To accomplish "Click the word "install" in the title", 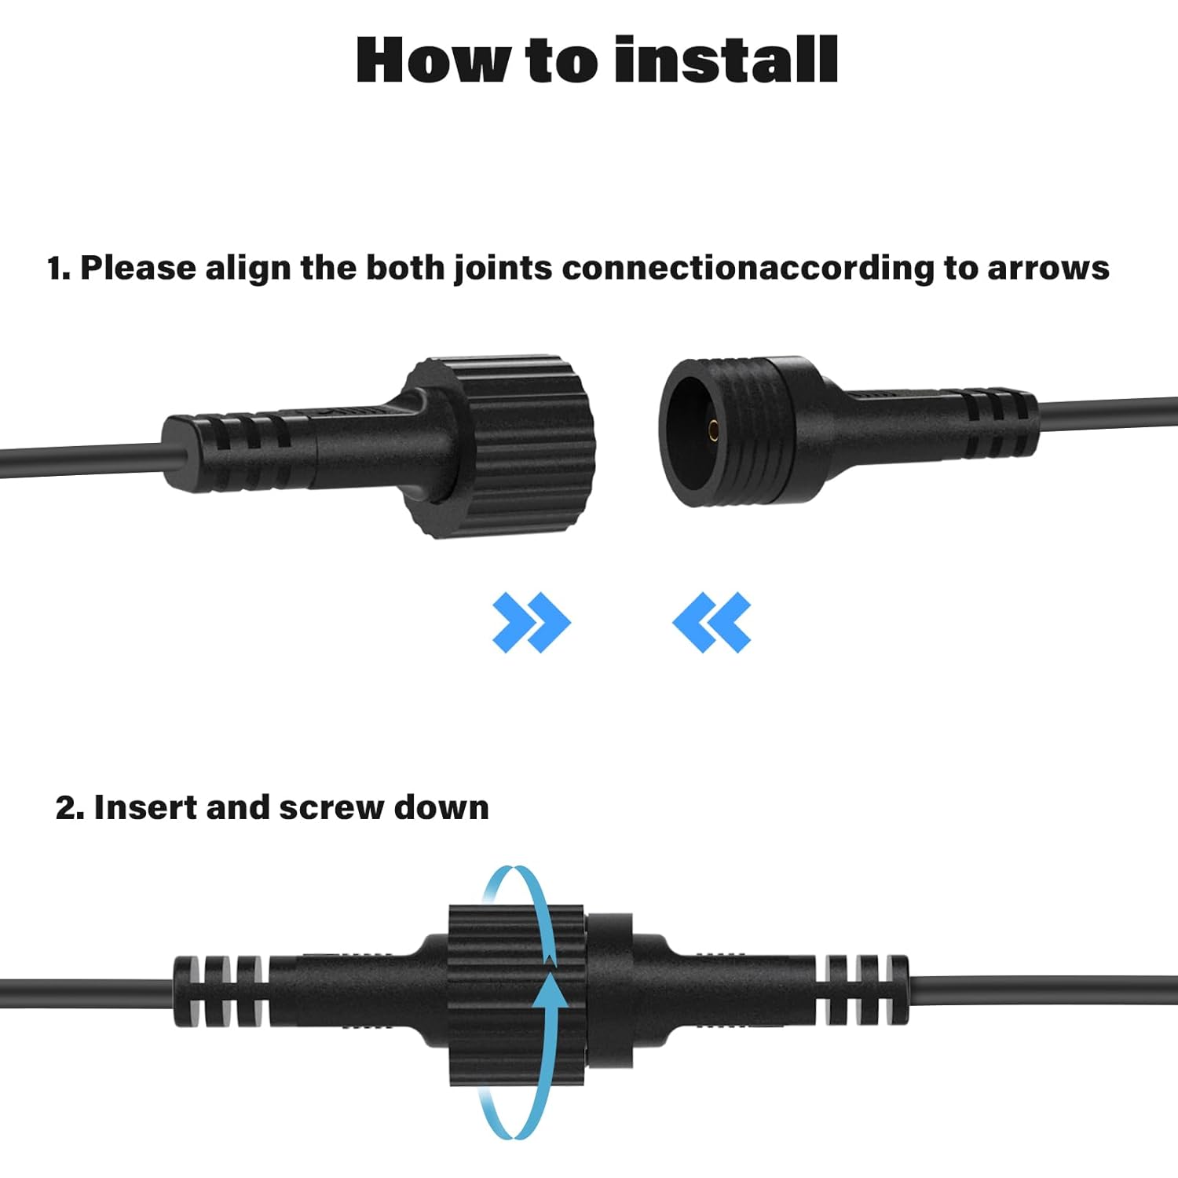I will pos(726,60).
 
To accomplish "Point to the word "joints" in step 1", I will pos(503,269).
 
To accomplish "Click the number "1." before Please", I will pos(59,269).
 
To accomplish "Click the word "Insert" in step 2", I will pos(145,807).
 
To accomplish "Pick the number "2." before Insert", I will pos(70,807).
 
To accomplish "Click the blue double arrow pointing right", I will pos(531,623).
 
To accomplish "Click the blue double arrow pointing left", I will pos(712,623).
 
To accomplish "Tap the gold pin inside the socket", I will pos(713,429).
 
